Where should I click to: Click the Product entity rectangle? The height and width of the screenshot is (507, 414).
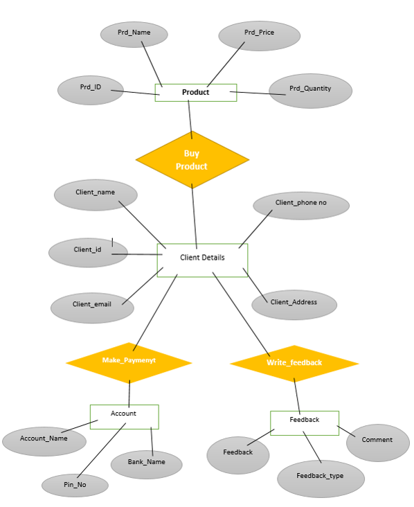point(196,93)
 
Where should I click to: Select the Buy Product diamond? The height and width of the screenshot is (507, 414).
point(192,160)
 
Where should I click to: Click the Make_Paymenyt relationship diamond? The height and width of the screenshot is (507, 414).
point(129,362)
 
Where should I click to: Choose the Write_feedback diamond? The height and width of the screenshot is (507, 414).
point(294,363)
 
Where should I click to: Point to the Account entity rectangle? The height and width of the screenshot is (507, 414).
point(124,416)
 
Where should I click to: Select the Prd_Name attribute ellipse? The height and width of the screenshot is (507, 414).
point(134,34)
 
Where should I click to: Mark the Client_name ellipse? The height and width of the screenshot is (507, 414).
point(96,195)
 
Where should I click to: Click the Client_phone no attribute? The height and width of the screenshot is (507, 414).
point(301,205)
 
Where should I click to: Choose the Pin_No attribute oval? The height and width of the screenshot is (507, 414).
point(75,486)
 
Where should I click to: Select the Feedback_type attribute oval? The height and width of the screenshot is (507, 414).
point(320,477)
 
